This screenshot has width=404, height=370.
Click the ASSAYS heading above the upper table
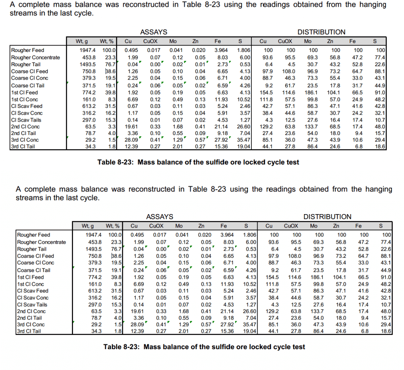click(x=153, y=32)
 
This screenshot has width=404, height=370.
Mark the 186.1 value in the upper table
click(x=312, y=92)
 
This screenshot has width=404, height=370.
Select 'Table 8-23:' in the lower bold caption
click(x=120, y=347)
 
